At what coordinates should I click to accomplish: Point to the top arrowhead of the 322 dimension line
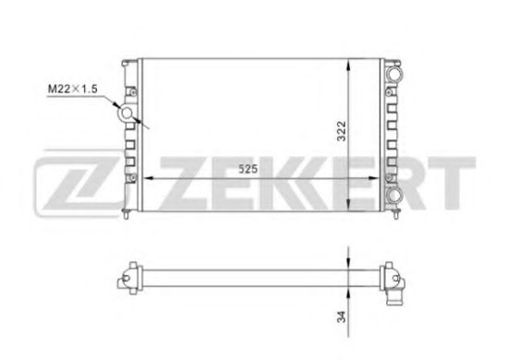click(347, 63)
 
